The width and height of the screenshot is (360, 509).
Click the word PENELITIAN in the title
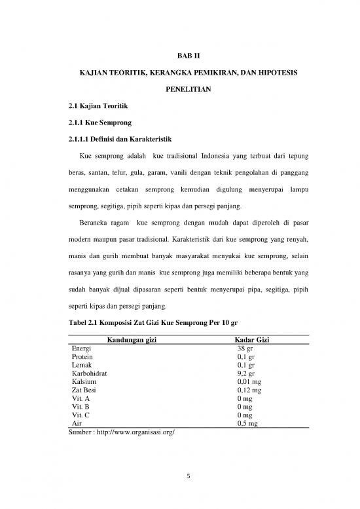click(180, 98)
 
